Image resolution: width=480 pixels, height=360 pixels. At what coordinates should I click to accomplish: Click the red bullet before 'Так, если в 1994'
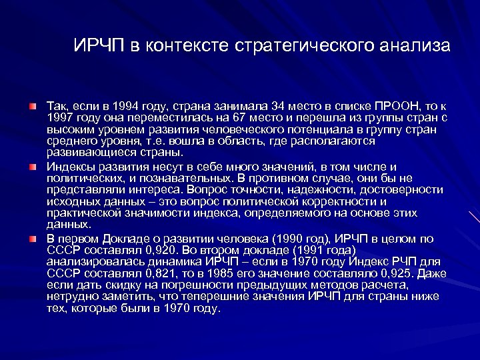point(33,106)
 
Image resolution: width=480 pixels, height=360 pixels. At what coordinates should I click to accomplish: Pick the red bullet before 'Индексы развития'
point(33,167)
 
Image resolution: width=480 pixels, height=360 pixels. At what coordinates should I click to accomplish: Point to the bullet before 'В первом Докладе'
point(33,237)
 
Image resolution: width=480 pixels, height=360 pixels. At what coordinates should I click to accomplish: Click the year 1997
point(59,118)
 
